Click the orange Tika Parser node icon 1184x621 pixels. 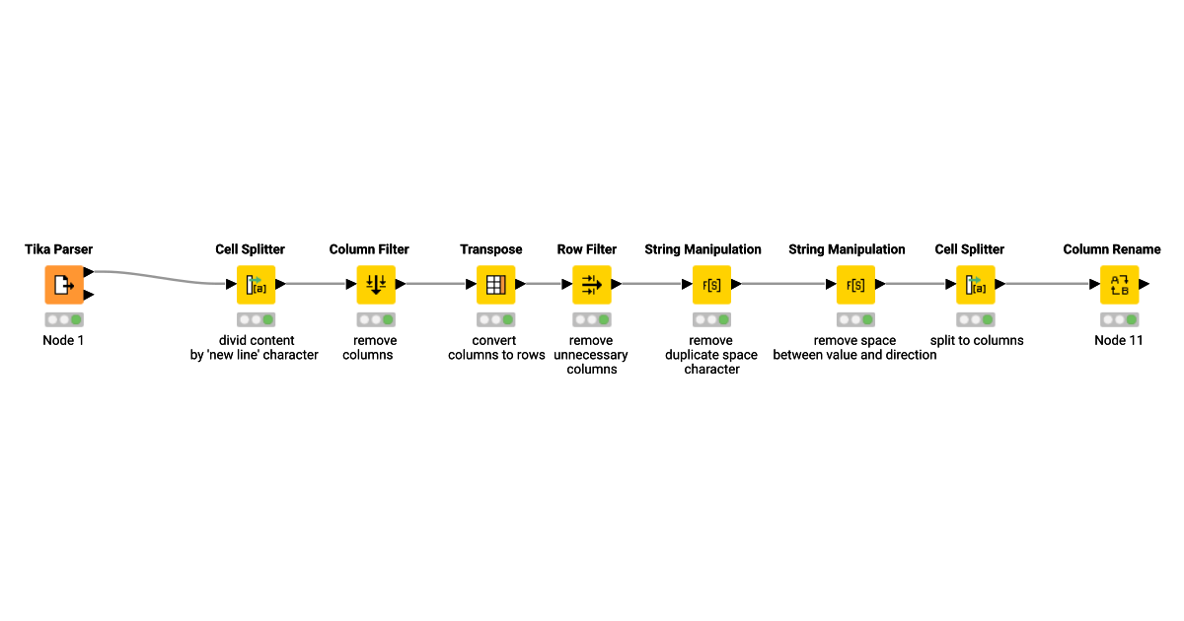64,285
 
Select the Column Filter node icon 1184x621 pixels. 376,285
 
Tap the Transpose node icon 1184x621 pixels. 496,285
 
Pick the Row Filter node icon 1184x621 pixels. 592,285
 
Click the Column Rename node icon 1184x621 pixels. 1120,285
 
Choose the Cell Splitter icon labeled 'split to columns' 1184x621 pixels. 976,285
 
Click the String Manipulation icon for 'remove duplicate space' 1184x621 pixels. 711,285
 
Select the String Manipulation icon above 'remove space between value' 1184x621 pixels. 855,285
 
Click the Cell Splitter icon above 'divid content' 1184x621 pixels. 256,285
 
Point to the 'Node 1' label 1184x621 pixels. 64,340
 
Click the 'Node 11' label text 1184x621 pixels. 1119,340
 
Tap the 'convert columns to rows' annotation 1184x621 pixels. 496,348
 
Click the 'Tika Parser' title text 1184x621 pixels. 59,249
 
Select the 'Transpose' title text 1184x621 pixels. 491,249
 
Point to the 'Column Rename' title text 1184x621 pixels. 1112,249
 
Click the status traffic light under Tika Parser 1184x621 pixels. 64,319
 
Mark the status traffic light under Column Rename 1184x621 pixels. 1120,319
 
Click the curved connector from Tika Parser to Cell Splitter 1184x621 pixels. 158,276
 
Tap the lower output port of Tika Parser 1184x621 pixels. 89,295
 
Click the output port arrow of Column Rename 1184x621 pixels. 1145,285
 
